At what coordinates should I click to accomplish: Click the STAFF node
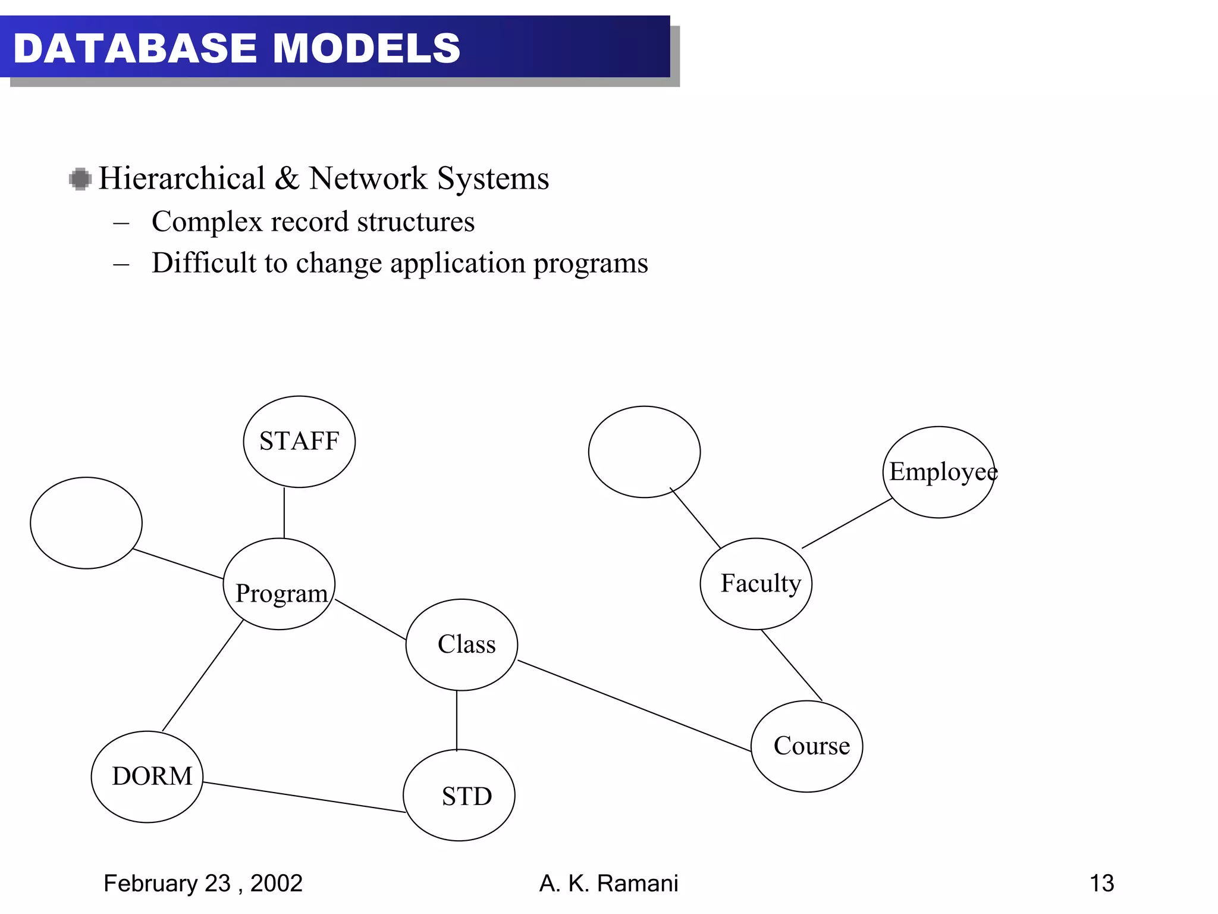coord(299,442)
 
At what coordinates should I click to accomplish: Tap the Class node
coord(462,645)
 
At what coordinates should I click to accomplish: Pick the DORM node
coord(147,777)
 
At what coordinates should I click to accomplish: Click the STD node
coord(459,796)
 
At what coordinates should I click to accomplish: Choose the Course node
coord(807,746)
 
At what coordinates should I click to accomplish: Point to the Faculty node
coord(756,584)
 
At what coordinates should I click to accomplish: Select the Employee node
coord(938,472)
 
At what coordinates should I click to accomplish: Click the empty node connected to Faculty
coord(644,452)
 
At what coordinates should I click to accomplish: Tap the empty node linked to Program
coord(86,523)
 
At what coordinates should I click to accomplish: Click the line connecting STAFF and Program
coord(284,513)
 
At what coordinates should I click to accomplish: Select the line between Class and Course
coord(634,706)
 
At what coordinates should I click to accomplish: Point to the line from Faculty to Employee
coord(847,523)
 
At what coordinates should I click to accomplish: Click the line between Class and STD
coord(457,720)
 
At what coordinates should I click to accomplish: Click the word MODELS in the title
coord(366,48)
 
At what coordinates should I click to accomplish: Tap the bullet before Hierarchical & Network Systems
coord(80,179)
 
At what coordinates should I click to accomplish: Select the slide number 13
coord(1101,883)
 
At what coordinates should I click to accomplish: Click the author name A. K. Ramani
coord(608,884)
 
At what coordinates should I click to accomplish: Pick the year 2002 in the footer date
coord(277,884)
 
